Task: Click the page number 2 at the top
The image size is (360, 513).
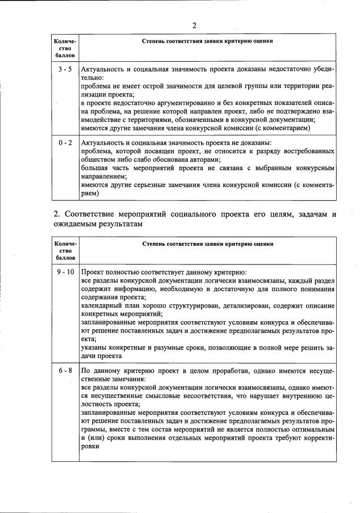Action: click(194, 25)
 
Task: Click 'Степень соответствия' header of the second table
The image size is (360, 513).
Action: click(207, 244)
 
